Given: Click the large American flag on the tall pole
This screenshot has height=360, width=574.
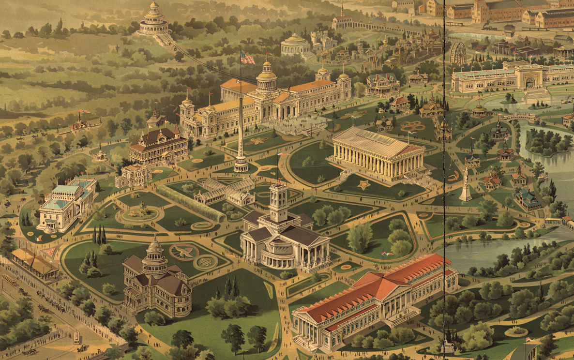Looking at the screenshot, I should (248, 58).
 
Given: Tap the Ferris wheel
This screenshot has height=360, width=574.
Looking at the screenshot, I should (458, 53).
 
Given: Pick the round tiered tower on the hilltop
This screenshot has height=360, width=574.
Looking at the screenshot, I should (153, 19).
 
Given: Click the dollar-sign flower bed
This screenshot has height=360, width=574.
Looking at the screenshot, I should (205, 262).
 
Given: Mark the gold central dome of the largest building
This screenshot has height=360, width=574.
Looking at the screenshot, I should (266, 77).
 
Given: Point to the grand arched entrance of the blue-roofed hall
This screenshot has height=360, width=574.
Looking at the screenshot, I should (529, 80).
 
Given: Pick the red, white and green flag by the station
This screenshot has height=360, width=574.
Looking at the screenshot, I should (39, 238).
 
